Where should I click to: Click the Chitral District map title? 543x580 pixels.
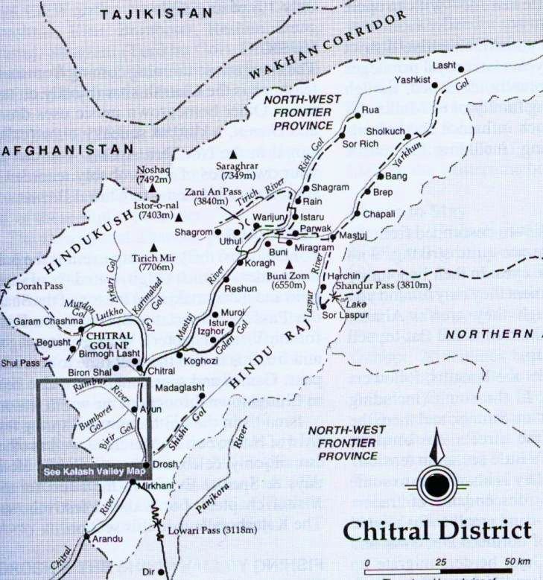tap(437, 531)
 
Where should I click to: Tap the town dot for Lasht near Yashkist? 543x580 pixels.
tap(460, 69)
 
